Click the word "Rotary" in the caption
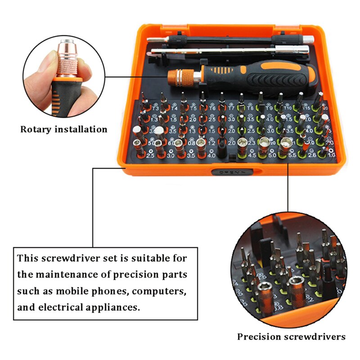[x=36, y=130]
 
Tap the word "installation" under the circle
[x=81, y=130]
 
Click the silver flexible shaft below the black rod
[x=225, y=51]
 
